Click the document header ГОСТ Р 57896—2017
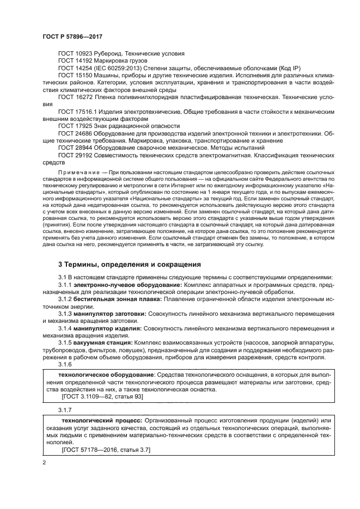pyautogui.click(x=72, y=36)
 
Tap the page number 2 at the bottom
pyautogui.click(x=44, y=463)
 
